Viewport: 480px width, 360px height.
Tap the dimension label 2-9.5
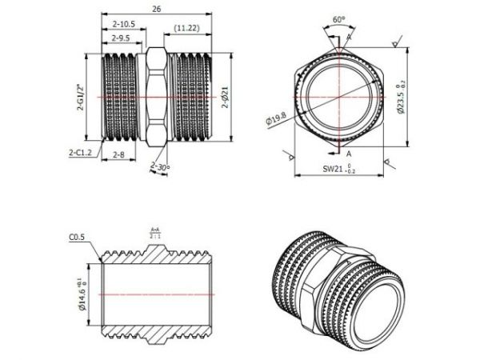coord(122,38)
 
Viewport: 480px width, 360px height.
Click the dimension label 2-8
coord(118,153)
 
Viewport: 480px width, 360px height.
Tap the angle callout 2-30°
coord(161,166)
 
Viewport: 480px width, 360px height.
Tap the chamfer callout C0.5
coord(77,238)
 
